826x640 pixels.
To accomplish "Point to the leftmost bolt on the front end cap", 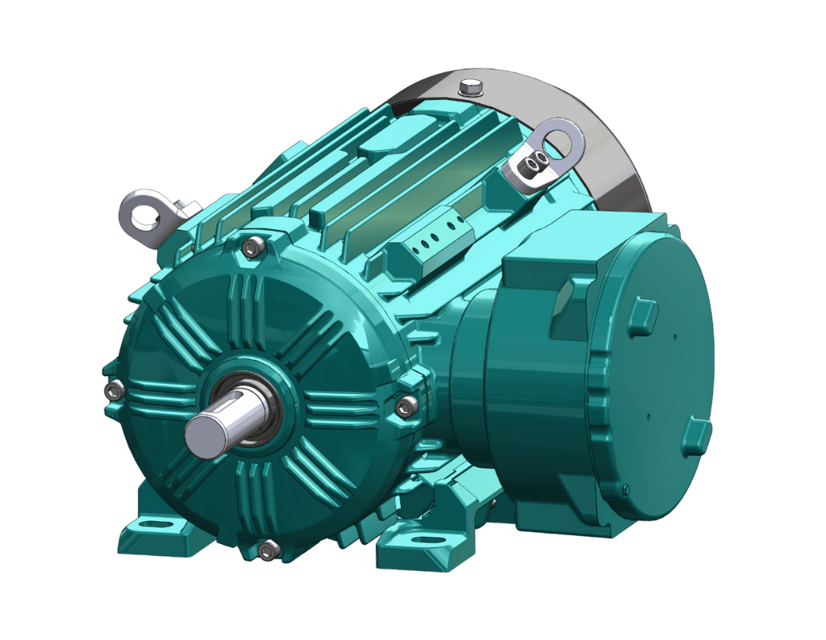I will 113,391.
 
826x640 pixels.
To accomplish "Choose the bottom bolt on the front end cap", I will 268,549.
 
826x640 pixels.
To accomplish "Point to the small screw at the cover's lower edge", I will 625,488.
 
